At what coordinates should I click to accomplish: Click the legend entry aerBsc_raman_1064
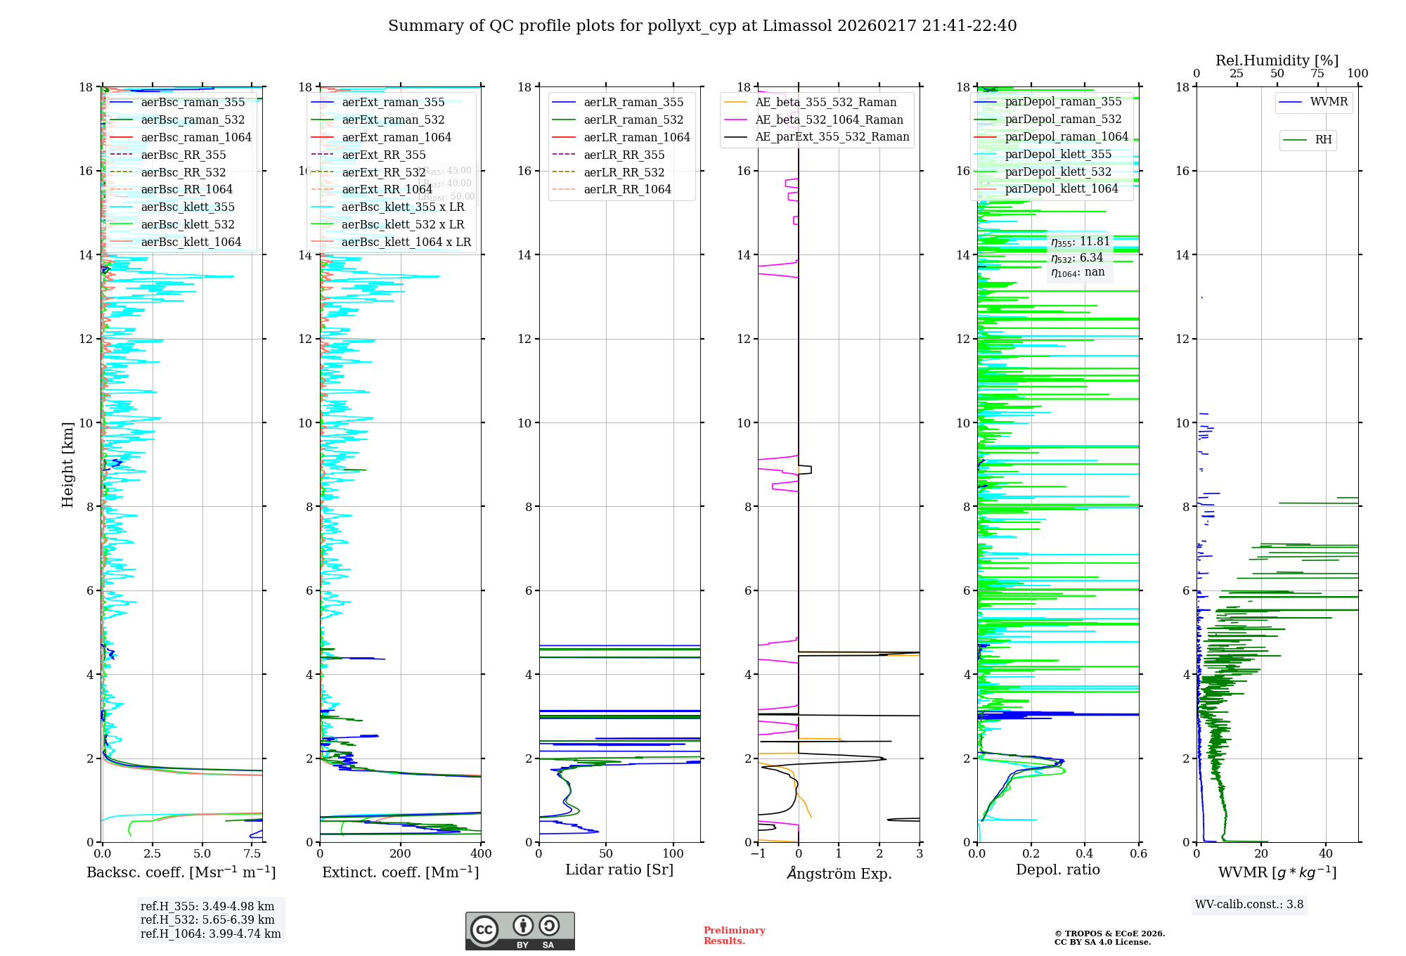click(195, 138)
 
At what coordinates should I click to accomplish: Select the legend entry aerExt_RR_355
click(383, 155)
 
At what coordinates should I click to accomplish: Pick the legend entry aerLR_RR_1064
click(627, 190)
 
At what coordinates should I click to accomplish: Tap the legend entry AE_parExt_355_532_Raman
click(832, 137)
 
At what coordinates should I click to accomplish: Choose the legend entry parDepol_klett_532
click(1058, 172)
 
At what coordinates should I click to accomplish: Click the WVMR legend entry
click(1329, 102)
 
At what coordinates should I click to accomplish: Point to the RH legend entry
click(1323, 140)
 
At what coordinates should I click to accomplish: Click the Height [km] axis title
click(67, 465)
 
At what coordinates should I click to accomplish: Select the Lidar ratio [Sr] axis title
click(619, 870)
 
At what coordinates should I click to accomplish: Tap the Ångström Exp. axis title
click(839, 873)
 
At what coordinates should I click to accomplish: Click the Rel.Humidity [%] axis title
click(1277, 60)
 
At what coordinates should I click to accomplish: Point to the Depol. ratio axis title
click(1057, 870)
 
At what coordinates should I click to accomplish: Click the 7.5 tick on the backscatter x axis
click(252, 854)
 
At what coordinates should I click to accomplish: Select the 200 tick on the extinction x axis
click(401, 854)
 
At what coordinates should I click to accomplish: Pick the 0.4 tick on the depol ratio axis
click(1085, 854)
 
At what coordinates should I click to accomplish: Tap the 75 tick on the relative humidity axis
click(1317, 74)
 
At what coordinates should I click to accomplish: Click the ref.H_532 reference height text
click(207, 920)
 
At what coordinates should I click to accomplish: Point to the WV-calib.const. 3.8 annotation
click(1249, 905)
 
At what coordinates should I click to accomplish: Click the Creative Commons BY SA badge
click(520, 931)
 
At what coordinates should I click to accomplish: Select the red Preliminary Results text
click(734, 936)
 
